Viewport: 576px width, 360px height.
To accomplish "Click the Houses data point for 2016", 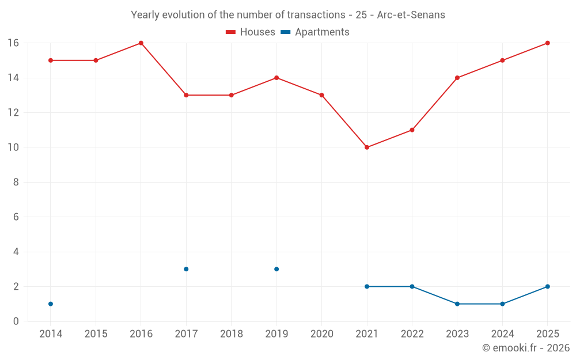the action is point(141,43).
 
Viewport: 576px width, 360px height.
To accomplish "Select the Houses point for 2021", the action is point(367,147).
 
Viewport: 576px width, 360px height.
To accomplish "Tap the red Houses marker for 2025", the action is point(548,43).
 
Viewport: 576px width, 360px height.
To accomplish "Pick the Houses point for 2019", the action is point(276,78).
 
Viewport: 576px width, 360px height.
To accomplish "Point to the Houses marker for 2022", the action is point(412,130).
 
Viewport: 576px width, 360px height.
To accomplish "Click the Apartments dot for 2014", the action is point(51,304).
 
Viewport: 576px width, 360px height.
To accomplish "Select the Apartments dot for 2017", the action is point(186,269).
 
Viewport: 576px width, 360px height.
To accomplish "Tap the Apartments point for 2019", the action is point(276,269).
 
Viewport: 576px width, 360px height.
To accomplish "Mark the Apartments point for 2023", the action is point(457,304).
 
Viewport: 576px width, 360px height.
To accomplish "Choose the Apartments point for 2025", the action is point(548,286).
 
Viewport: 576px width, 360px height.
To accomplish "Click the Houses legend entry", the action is point(251,32).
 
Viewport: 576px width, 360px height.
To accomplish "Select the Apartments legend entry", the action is point(315,32).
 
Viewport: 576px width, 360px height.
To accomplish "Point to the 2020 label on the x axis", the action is point(322,334).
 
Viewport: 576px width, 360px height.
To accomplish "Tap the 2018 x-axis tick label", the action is point(232,334).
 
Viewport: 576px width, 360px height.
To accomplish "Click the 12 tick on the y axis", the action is point(13,112).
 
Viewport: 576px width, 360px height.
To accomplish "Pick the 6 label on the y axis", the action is point(16,217).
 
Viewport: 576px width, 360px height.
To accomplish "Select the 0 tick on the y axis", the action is point(16,321).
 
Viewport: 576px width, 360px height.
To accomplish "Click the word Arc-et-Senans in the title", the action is point(411,15).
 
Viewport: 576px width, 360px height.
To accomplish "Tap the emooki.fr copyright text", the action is point(526,347).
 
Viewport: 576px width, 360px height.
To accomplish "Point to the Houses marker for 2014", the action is point(51,60).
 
